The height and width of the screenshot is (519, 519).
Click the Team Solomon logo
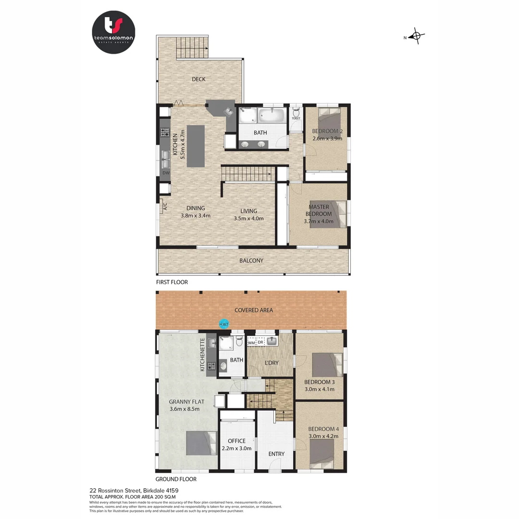(x=113, y=32)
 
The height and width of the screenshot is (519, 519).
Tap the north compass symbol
(x=417, y=37)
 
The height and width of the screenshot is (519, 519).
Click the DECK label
(x=198, y=79)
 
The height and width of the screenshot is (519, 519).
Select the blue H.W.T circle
(x=223, y=324)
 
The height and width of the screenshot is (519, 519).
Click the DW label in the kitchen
(x=165, y=173)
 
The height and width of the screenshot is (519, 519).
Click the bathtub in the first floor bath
(x=271, y=115)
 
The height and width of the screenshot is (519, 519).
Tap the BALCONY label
(x=251, y=260)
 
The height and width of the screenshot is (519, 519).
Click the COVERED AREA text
(x=253, y=310)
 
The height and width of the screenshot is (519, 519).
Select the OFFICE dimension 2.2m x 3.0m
(x=236, y=448)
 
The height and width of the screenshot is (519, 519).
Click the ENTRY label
(x=276, y=454)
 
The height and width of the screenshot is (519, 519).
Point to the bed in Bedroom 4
(x=322, y=453)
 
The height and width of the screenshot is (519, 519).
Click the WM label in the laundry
(x=251, y=343)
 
